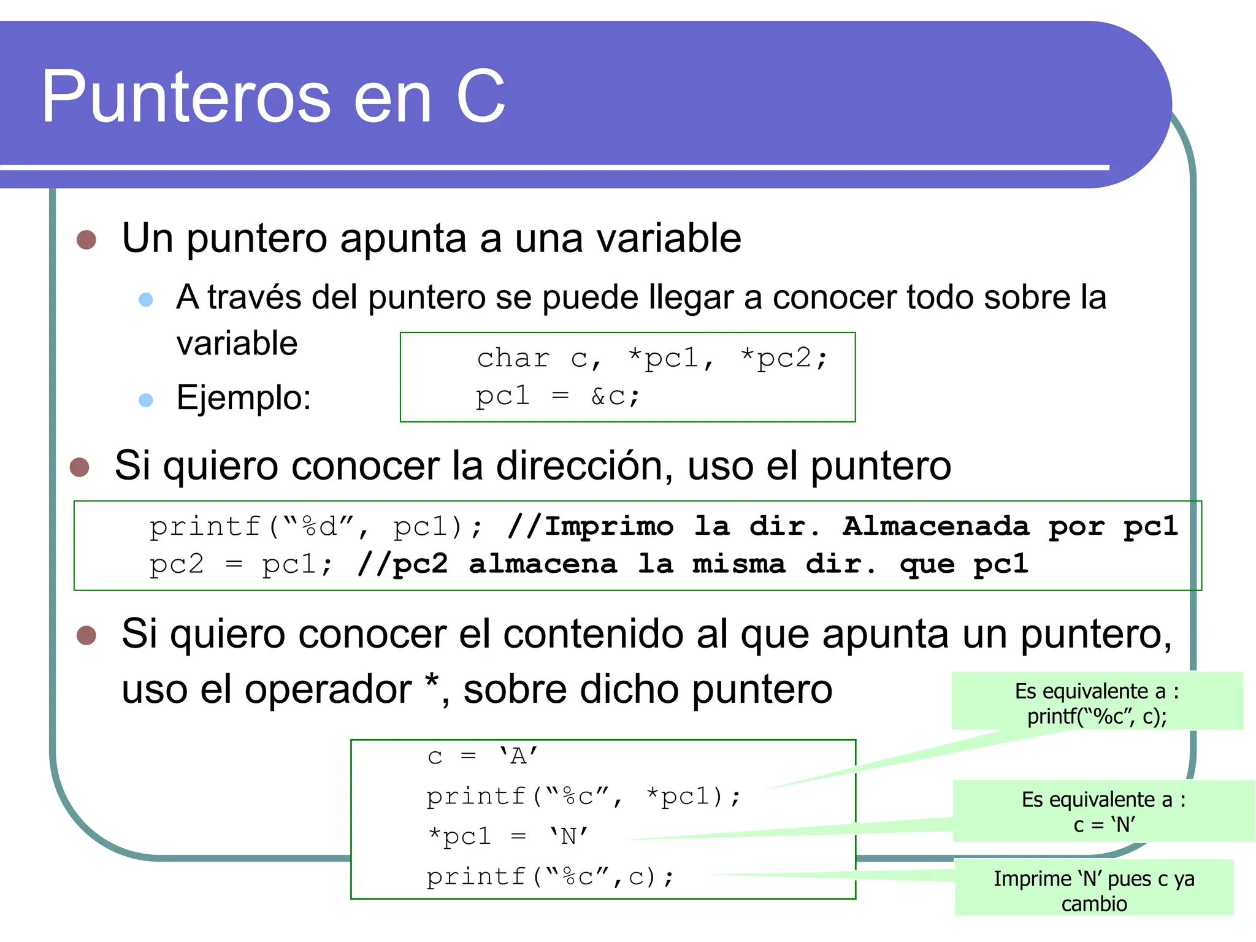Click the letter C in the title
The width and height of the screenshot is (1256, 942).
[x=480, y=97]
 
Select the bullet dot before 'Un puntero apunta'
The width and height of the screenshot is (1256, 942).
[x=86, y=240]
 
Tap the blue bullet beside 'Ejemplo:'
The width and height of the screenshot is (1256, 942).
[x=146, y=400]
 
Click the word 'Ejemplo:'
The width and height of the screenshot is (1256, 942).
[x=243, y=398]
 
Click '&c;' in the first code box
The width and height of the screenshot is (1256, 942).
[x=615, y=397]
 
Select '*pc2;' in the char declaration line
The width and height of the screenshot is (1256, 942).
[x=784, y=358]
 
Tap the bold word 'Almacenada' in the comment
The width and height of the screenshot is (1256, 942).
[x=935, y=526]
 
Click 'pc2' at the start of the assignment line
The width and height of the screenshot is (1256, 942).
[x=176, y=564]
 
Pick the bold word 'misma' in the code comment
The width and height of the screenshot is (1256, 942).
[x=738, y=564]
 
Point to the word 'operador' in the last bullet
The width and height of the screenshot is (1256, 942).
[x=328, y=689]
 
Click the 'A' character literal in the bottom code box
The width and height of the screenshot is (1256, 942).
[x=518, y=757]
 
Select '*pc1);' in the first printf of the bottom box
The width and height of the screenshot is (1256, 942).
[x=694, y=797]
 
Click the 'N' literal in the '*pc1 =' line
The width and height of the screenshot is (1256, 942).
[x=569, y=837]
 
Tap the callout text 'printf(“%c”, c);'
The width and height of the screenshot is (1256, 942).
[x=1097, y=716]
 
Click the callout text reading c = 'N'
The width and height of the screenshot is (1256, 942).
[x=1104, y=825]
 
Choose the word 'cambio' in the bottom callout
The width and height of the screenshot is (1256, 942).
[x=1094, y=904]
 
